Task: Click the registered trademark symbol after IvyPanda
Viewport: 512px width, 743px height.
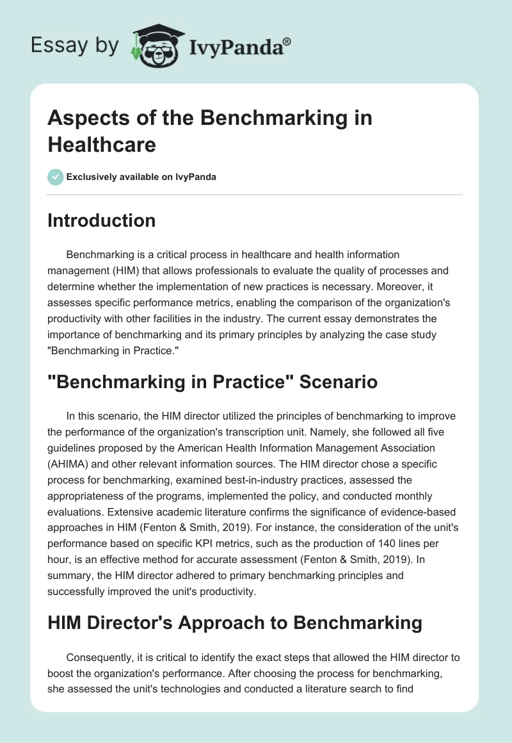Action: point(287,41)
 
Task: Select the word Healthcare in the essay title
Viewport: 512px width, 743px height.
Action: point(102,144)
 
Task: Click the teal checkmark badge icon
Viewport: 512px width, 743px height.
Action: point(56,177)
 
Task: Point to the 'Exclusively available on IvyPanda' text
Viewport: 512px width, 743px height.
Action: point(141,177)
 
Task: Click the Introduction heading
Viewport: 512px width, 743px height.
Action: point(102,221)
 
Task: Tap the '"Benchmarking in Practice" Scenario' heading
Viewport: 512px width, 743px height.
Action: point(213,382)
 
